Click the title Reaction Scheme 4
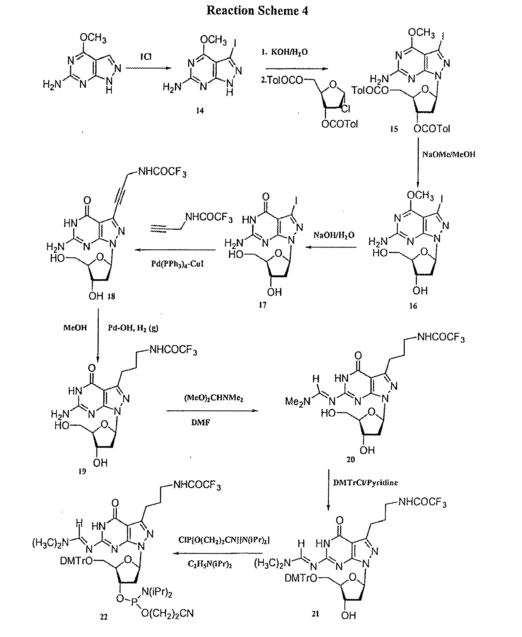click(x=257, y=11)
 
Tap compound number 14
click(x=200, y=111)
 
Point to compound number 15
click(x=394, y=129)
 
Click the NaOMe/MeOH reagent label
click(x=449, y=155)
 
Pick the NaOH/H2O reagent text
click(x=334, y=235)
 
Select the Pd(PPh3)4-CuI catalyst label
click(x=177, y=264)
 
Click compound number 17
click(x=262, y=305)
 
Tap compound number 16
click(x=413, y=306)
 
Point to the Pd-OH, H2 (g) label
click(x=133, y=328)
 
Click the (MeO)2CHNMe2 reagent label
click(x=213, y=398)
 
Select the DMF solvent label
click(x=201, y=422)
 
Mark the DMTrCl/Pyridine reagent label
click(x=365, y=482)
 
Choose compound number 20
click(x=351, y=459)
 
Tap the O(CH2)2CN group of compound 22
click(x=167, y=613)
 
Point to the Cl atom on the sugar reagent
click(x=346, y=109)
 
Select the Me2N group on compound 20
click(x=297, y=401)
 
